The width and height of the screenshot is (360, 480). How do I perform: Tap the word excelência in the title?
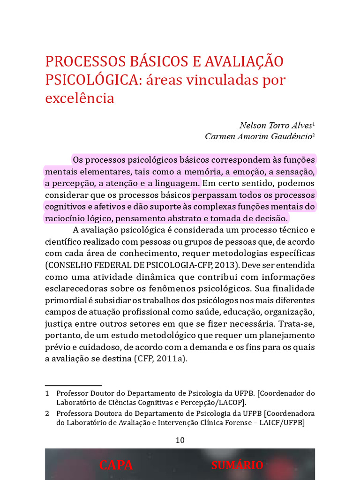[80, 98]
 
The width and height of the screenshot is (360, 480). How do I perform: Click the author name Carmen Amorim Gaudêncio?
[258, 136]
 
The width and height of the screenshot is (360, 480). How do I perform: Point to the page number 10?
[180, 440]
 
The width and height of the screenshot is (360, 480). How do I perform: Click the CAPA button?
[116, 465]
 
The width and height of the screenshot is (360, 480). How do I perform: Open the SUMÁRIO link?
[237, 465]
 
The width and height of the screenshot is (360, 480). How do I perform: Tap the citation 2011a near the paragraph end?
[168, 359]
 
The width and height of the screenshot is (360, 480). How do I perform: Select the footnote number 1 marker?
[47, 393]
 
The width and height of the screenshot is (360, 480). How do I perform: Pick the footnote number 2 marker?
[47, 414]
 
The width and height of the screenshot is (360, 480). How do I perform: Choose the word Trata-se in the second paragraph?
[299, 323]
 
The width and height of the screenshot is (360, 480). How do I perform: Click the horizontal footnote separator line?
[73, 384]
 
